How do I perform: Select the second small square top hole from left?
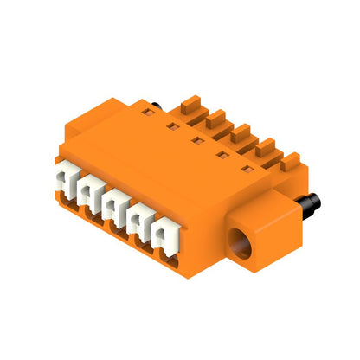point(198,138)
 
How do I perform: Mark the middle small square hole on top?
point(222,153)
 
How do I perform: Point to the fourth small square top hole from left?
point(247,167)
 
